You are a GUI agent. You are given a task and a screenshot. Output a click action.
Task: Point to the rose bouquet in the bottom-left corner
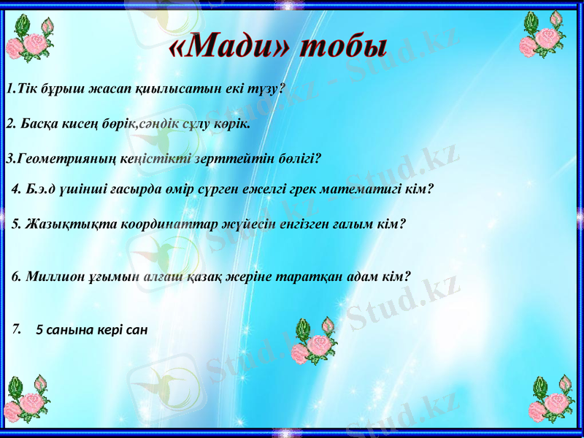coord(30,399)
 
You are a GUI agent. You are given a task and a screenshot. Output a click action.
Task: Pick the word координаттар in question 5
coord(173,224)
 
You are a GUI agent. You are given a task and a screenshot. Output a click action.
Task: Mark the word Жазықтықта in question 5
coord(58,224)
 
